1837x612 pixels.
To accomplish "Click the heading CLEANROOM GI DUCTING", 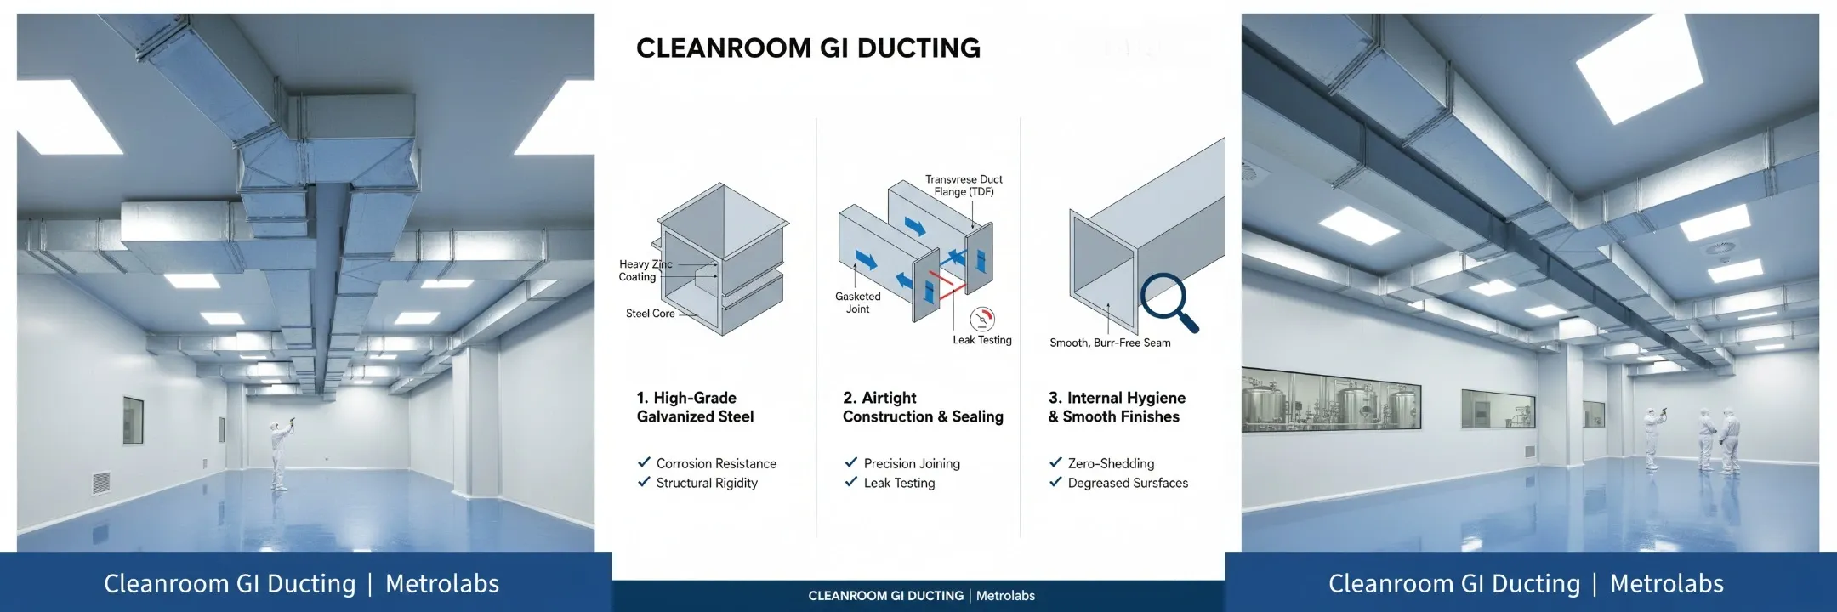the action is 808,48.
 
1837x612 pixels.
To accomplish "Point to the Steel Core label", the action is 651,314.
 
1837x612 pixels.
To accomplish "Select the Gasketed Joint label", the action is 857,303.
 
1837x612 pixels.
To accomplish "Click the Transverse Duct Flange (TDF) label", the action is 964,185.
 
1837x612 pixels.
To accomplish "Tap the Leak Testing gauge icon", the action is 982,319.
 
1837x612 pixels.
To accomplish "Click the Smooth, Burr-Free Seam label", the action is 1110,343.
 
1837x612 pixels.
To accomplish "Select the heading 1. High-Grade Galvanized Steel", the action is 695,407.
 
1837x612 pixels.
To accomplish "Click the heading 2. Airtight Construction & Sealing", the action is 923,407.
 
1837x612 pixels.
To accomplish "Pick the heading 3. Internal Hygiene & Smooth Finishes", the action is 1117,407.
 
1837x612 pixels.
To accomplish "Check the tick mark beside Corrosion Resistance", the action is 644,462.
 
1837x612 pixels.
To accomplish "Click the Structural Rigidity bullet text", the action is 707,483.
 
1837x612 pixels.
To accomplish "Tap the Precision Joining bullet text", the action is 912,463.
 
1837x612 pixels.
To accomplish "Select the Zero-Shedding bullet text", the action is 1111,463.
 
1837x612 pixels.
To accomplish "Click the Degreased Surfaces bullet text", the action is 1128,483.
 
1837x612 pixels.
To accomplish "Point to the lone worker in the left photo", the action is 279,454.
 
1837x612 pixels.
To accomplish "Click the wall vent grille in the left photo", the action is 101,483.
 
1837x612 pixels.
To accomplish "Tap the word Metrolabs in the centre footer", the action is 1005,596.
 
